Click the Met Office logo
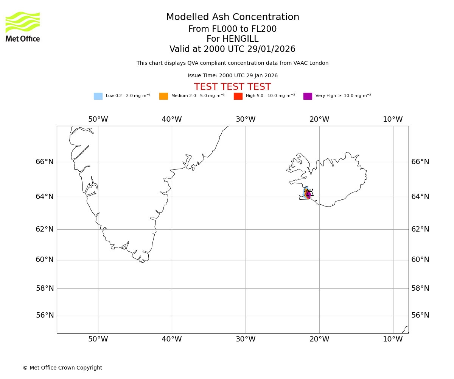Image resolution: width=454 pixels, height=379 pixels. pos(23,27)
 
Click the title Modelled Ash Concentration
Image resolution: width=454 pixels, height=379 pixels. pos(232,17)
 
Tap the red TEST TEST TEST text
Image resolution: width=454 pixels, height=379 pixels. pos(232,87)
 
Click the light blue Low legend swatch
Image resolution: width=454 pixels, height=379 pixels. pos(98,96)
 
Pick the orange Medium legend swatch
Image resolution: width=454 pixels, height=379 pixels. pos(163,96)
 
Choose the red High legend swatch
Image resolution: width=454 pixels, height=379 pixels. pos(238,96)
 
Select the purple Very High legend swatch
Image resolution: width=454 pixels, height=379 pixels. pos(308,96)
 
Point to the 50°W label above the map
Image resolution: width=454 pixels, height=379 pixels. pos(98,119)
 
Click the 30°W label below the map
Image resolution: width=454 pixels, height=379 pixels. pos(246,339)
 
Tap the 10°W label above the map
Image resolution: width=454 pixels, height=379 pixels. pos(393,119)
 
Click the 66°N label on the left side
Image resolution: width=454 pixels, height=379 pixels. pos(45,162)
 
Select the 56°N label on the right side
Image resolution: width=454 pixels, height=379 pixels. pos(420,315)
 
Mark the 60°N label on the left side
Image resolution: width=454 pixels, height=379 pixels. pos(45,260)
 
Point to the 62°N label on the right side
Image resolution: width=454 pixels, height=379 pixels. pos(420,229)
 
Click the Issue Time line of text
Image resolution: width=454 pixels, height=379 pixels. pos(232,76)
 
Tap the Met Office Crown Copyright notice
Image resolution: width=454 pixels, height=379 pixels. pos(62,368)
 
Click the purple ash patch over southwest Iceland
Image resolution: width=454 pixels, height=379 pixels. pos(308,195)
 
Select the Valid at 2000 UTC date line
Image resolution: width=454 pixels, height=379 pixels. pos(232,49)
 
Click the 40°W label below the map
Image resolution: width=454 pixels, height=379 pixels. pos(172,339)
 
